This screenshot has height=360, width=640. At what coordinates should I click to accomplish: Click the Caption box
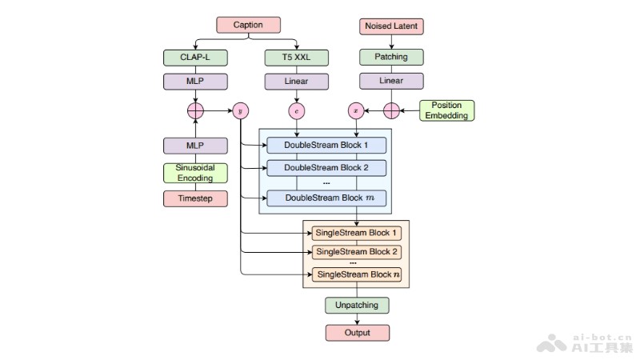pos(247,26)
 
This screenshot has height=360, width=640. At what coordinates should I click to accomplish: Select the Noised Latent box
pos(390,26)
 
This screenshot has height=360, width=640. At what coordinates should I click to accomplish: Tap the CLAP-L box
pos(195,58)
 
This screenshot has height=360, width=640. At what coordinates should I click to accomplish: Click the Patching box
pos(390,58)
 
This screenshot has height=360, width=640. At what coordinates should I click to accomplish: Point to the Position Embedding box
pos(446,110)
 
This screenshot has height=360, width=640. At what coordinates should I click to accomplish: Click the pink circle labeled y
pos(240,110)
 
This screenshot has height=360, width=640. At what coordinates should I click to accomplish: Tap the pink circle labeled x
pos(356,110)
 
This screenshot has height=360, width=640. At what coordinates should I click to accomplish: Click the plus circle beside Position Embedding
pos(390,110)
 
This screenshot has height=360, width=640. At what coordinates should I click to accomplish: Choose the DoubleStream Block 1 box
pos(326,146)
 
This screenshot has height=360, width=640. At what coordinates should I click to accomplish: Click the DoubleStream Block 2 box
pos(326,168)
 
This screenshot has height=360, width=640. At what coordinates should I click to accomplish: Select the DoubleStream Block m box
pos(326,198)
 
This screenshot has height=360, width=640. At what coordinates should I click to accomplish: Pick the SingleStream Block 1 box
pos(356,233)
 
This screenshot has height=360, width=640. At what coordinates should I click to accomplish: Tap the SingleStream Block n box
pos(356,274)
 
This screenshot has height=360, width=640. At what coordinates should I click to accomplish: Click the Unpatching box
pos(357,306)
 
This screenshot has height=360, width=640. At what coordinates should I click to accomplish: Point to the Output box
pos(357,332)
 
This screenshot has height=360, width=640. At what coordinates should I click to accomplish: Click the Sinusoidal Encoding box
pos(195,173)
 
